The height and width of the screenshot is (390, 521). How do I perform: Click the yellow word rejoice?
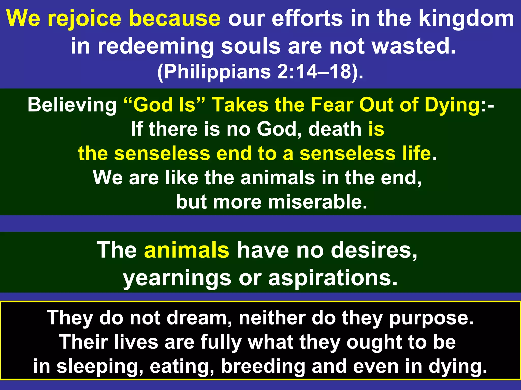click(84, 19)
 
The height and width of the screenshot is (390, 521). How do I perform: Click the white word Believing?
click(72, 105)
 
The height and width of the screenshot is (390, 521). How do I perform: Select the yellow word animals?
click(187, 250)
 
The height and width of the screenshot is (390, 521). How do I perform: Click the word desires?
click(374, 250)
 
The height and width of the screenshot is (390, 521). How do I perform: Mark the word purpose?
click(431, 318)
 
